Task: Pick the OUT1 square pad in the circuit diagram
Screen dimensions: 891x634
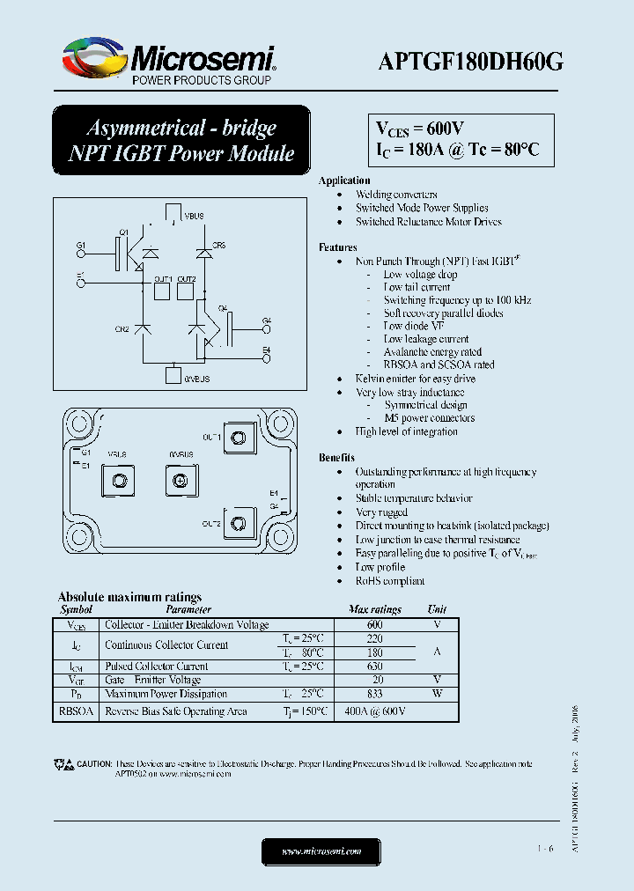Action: (x=163, y=292)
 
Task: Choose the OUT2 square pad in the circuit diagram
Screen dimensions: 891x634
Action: (x=186, y=292)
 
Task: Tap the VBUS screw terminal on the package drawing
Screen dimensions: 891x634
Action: (x=117, y=481)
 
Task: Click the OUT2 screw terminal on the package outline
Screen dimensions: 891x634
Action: (x=237, y=525)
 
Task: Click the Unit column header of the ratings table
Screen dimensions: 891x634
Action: (x=437, y=609)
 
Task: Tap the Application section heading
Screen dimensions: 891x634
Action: (x=344, y=180)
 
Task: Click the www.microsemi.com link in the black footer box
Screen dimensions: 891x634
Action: (x=321, y=852)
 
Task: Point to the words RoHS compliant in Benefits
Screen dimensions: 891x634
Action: (x=390, y=581)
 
